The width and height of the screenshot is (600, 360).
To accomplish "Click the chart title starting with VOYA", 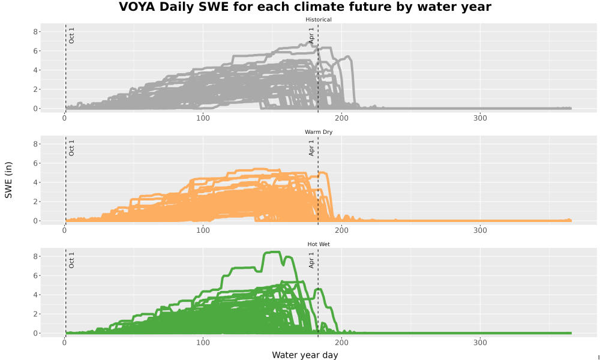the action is (x=305, y=7).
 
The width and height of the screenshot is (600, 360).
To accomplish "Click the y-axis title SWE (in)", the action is (x=8, y=180).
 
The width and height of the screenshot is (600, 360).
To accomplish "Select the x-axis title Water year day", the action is (x=305, y=355).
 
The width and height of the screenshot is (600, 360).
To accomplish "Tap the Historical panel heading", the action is (x=319, y=20).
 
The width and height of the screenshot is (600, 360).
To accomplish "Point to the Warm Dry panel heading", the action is (x=319, y=132).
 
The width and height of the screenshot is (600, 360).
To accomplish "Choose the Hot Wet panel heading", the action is (x=319, y=244).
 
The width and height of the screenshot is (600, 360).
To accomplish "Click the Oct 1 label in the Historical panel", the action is (x=71, y=35).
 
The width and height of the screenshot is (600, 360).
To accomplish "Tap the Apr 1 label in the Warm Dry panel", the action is (x=311, y=148).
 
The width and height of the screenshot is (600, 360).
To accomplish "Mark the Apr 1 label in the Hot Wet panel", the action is (x=311, y=260).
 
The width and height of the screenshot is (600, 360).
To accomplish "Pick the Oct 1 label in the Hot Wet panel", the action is (x=71, y=260).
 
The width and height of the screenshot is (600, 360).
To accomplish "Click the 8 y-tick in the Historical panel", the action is (x=35, y=32).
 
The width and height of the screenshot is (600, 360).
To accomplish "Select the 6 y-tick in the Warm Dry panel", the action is (x=35, y=163).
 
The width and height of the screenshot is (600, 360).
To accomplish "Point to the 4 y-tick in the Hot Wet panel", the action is (x=35, y=295).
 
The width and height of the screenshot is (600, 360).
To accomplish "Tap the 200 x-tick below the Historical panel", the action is (x=341, y=118).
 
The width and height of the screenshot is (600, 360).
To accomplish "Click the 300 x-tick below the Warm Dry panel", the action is (x=480, y=230).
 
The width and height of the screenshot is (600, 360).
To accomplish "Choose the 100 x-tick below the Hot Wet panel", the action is (x=203, y=343).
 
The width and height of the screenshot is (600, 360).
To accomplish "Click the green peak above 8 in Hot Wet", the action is (x=274, y=252).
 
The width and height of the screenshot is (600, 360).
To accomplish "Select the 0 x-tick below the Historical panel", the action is (x=64, y=118).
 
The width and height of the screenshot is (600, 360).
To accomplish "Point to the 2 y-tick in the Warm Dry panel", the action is (x=35, y=202).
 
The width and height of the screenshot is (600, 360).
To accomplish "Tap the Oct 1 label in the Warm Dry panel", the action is (x=71, y=148).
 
